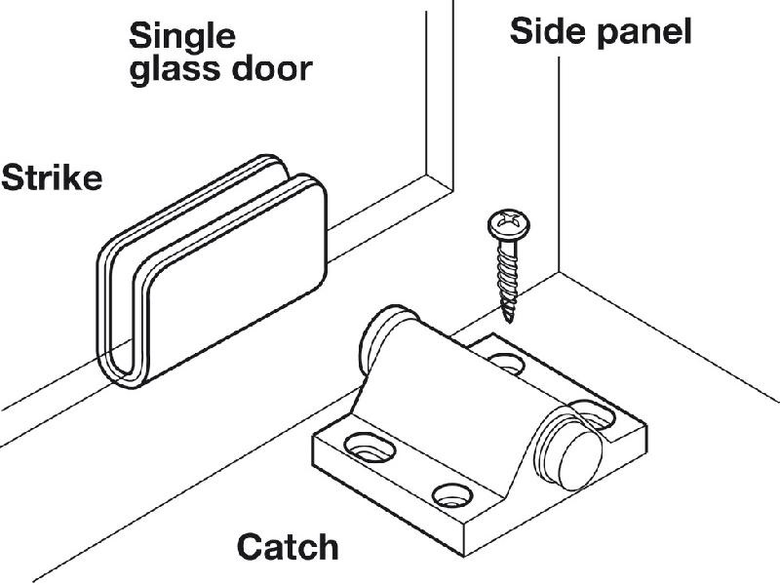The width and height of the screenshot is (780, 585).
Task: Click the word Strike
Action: [51, 179]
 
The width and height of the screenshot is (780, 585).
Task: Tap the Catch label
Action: [289, 546]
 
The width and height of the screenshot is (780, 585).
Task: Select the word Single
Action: [182, 36]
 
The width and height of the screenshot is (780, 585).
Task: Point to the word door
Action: [269, 68]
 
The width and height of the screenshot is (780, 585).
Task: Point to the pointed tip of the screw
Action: [508, 317]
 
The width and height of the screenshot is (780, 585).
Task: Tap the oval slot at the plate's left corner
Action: [371, 448]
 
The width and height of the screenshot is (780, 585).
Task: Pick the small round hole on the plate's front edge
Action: [449, 494]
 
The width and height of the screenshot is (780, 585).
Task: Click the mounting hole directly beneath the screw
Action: [504, 363]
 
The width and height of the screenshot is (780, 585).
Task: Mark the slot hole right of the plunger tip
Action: [596, 412]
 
